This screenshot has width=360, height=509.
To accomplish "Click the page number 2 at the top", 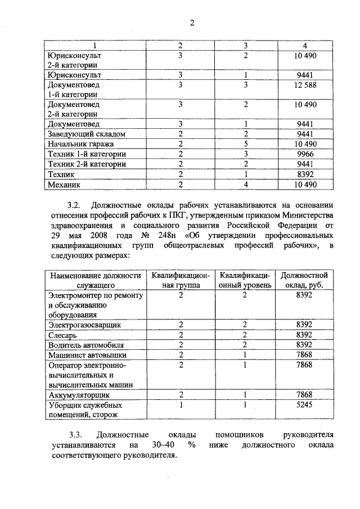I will (x=191, y=23).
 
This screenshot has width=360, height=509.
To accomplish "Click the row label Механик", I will (x=65, y=184).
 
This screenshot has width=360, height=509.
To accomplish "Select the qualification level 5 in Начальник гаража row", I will (x=246, y=144).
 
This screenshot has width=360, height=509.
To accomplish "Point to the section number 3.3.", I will (x=76, y=435).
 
